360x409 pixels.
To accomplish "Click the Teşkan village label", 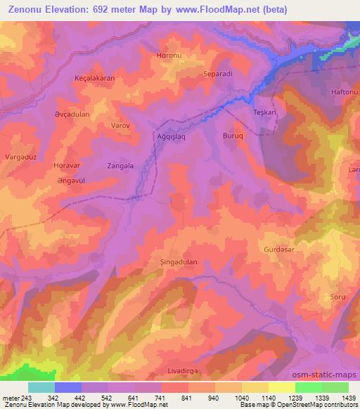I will click(264, 113).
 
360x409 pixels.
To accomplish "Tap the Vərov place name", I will click(101, 125).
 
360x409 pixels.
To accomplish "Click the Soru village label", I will click(337, 297).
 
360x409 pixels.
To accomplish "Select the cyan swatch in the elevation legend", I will click(41, 387).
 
